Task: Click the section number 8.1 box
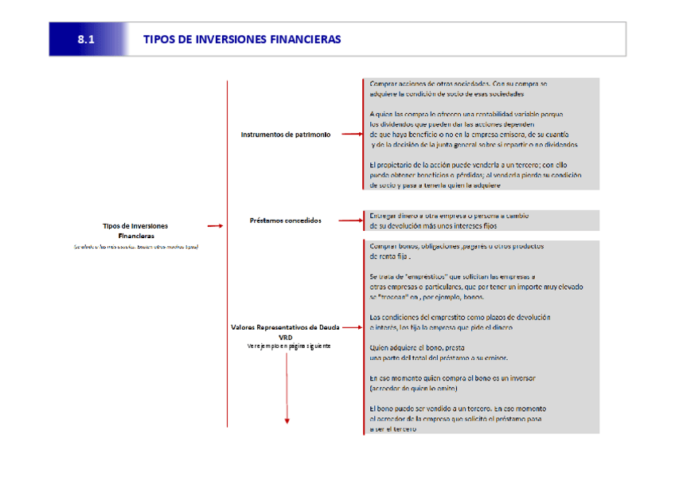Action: coord(87,39)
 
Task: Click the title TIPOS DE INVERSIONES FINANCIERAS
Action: coord(242,39)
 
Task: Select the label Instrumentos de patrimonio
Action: coord(286,135)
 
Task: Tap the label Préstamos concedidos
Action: coord(286,220)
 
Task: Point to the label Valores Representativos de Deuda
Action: coord(286,327)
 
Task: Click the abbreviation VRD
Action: coord(286,337)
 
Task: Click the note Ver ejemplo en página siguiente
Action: coord(286,346)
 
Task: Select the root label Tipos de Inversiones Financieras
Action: coord(135,231)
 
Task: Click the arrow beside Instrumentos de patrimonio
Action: coord(351,135)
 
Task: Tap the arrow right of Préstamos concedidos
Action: coord(349,221)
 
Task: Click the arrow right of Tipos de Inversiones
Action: coord(213,226)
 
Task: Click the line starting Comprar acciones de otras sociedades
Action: coord(458,84)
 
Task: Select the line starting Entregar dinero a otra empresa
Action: coord(449,216)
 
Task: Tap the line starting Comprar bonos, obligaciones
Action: coord(457,246)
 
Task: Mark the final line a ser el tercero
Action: coord(393,429)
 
